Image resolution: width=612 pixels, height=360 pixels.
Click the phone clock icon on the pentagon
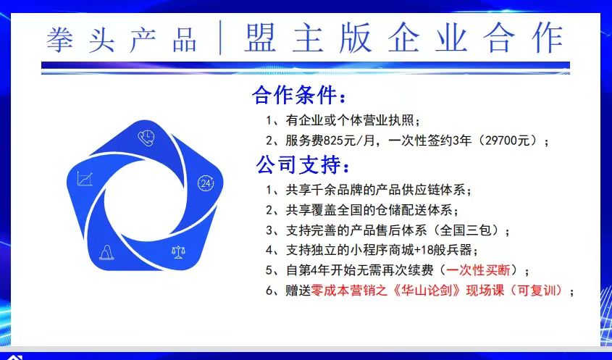(146, 138)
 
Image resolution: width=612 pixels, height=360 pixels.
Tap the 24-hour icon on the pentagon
(206, 183)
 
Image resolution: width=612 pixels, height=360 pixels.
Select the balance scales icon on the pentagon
(178, 252)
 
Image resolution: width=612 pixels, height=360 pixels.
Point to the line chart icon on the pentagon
(85, 179)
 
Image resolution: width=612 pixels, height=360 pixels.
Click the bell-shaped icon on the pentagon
(106, 252)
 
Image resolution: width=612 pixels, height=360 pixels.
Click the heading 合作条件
(294, 95)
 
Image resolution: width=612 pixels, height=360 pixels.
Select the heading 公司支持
(298, 164)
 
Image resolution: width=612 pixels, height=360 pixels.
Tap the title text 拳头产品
(122, 40)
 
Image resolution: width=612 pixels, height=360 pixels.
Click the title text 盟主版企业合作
(404, 38)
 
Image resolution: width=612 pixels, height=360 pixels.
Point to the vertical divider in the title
(220, 38)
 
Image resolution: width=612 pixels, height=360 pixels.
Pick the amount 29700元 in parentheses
(511, 141)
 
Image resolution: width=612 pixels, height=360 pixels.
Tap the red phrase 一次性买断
(478, 269)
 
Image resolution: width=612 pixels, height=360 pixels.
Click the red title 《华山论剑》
(425, 290)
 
